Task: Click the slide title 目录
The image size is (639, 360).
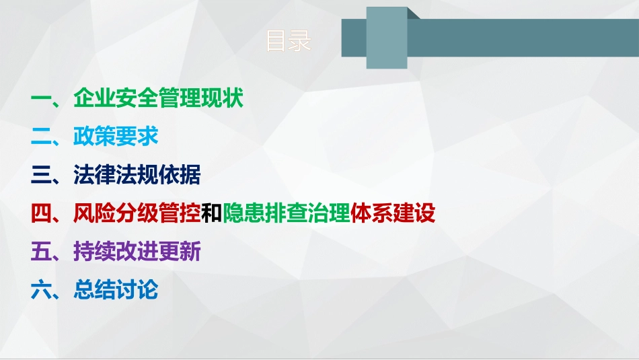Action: coord(289,41)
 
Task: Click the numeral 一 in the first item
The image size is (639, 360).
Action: coord(41,100)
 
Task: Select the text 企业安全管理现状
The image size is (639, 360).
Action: coord(158,100)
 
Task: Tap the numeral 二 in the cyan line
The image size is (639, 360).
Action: coord(41,137)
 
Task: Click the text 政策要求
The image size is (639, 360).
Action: coord(116,137)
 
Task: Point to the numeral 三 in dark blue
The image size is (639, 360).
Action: coord(41,176)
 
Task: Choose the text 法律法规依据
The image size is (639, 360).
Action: coord(137,176)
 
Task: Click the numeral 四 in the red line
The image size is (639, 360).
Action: coord(41,214)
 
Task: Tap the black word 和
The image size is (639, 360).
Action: coord(212,214)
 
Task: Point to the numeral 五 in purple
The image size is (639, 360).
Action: coord(41,252)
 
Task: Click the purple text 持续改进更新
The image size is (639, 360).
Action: coord(137,252)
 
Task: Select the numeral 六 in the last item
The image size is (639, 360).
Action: coord(41,291)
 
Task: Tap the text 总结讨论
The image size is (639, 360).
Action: coord(116,291)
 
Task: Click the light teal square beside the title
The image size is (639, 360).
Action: coord(387,38)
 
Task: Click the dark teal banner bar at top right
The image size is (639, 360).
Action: coord(525,38)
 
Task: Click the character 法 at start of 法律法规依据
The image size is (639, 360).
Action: coord(83,176)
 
